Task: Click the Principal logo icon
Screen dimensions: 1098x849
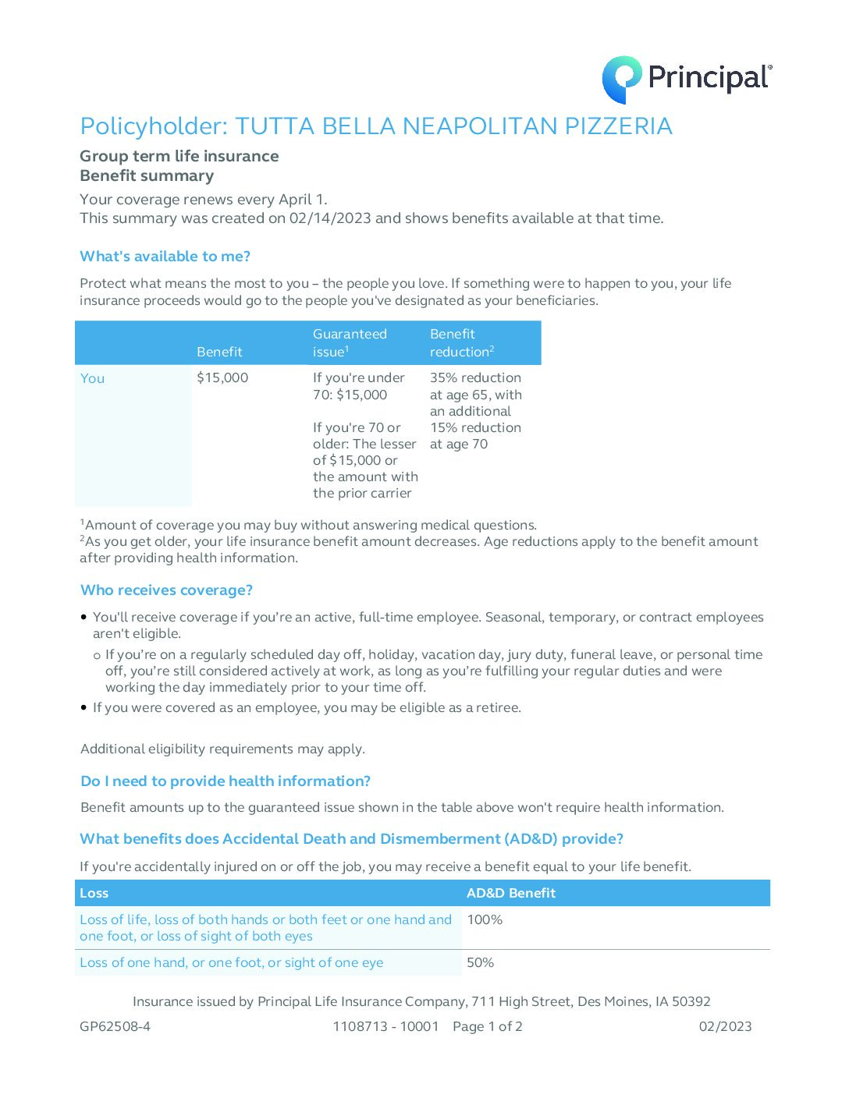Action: click(622, 80)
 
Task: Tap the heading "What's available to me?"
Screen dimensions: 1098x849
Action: click(165, 257)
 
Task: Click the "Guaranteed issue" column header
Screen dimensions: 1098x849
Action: click(350, 343)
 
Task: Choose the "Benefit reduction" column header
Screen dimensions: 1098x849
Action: click(461, 343)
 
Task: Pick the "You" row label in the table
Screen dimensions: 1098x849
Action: click(92, 378)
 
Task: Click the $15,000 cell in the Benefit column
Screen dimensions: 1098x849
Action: click(222, 378)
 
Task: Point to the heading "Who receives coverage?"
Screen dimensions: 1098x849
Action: click(166, 590)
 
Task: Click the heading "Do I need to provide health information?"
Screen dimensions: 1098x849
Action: click(226, 781)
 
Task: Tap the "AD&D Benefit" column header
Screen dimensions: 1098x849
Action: click(511, 894)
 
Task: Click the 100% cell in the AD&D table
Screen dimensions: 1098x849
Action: click(485, 920)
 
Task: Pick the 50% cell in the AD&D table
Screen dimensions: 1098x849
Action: click(481, 963)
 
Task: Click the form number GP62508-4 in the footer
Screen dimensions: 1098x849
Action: click(115, 1027)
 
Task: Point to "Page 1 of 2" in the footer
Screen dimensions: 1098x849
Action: click(488, 1027)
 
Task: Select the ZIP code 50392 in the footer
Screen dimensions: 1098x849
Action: click(691, 1002)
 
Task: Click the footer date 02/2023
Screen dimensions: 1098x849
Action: click(725, 1027)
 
